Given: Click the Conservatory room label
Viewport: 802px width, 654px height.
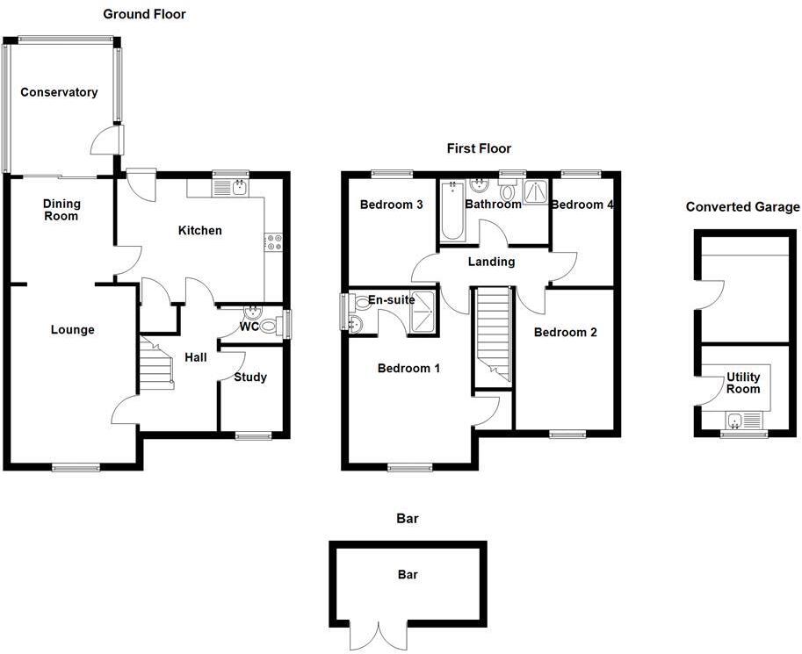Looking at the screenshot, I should (59, 92).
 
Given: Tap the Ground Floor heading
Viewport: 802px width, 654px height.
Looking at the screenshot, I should (144, 14).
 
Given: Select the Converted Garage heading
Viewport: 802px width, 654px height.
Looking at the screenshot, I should (742, 207).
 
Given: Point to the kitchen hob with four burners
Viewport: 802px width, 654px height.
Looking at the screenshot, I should (272, 242).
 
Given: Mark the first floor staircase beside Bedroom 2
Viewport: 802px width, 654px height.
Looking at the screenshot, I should (493, 337).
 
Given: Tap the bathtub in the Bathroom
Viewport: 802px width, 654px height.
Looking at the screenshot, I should (452, 211).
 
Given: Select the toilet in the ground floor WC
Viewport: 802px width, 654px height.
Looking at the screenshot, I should (272, 325).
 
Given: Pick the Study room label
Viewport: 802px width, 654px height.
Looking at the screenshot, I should (250, 377).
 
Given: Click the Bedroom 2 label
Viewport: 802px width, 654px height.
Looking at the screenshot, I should (565, 333).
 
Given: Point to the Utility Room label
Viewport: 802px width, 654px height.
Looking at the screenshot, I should (743, 384).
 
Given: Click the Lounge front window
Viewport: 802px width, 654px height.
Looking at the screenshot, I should (76, 466).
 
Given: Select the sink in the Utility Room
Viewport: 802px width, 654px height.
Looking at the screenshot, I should (736, 420).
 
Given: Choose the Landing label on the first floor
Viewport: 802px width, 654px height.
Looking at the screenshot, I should (491, 262).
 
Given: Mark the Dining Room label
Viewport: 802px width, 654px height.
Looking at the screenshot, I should (61, 210).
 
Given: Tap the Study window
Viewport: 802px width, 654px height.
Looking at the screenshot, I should (253, 435).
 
